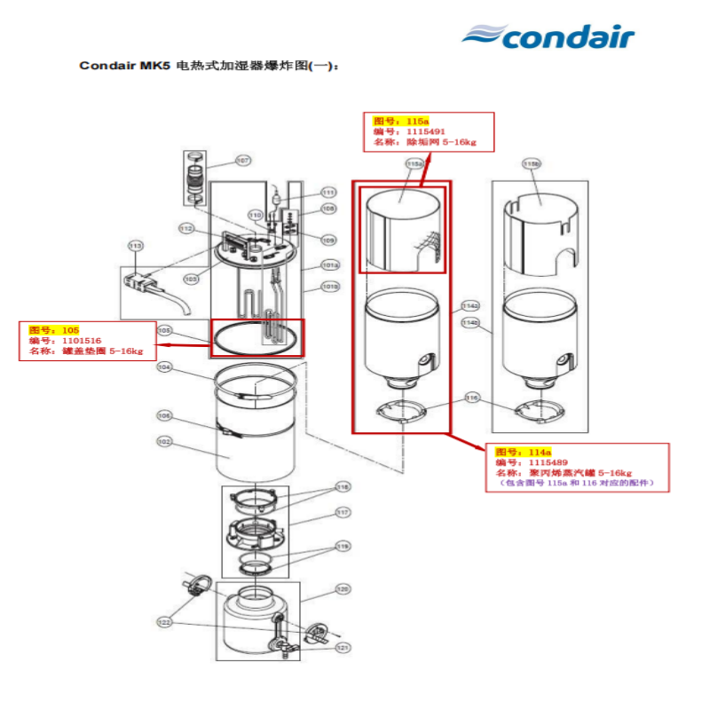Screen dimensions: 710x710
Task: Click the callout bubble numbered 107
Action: point(242,162)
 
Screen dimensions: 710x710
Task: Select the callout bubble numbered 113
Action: point(136,246)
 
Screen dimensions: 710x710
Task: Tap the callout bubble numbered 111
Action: point(328,193)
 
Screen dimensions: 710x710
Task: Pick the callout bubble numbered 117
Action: point(343,512)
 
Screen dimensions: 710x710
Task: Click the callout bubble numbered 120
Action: point(343,589)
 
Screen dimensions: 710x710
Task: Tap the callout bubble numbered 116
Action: point(472,398)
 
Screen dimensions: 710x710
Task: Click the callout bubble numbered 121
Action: point(343,648)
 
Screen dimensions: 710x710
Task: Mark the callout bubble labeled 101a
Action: point(330,264)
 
